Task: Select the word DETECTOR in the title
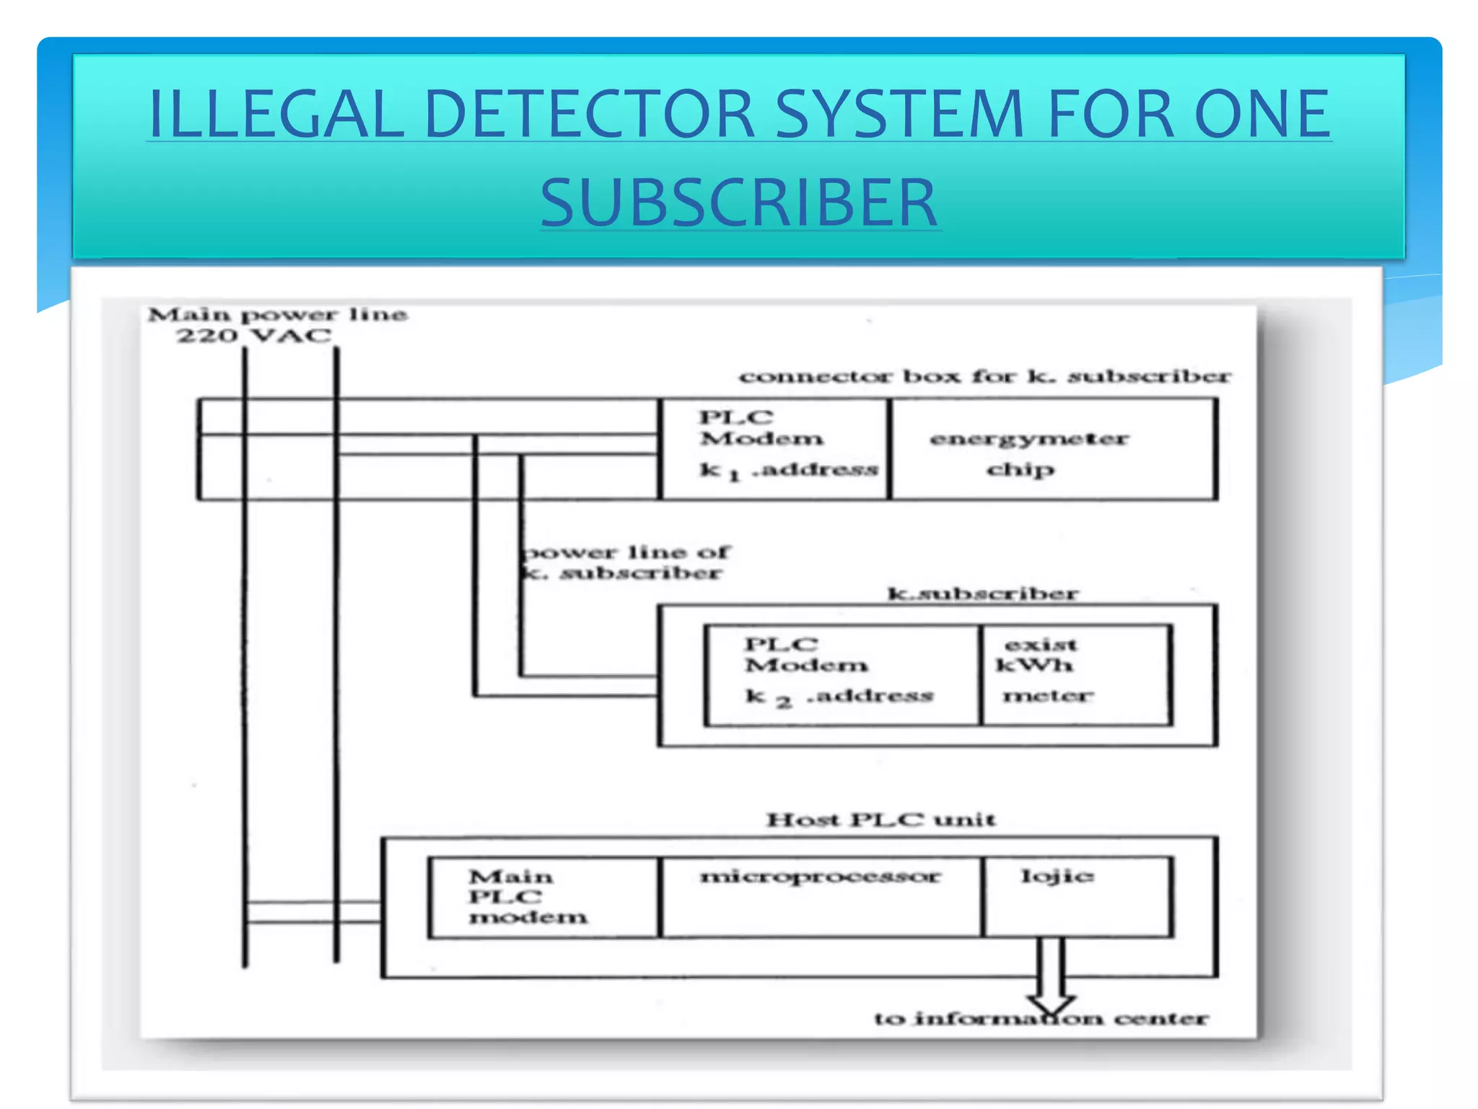(589, 114)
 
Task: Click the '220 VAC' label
(254, 336)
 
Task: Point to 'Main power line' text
(278, 315)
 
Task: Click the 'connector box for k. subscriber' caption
(984, 377)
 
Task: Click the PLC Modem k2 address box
(841, 676)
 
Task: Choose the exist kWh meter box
(1075, 676)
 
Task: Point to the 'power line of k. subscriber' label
(625, 562)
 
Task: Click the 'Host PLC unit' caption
(880, 820)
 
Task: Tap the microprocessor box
(821, 897)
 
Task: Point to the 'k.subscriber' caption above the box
(982, 594)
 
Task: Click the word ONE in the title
(1261, 114)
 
